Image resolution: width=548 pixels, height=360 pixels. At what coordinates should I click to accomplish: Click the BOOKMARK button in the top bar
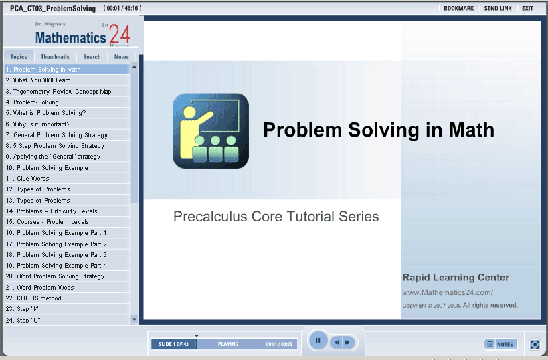(x=458, y=9)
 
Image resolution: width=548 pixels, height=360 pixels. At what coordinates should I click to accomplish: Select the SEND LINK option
(x=498, y=9)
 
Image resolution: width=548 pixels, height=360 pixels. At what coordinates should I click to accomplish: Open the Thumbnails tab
(x=55, y=57)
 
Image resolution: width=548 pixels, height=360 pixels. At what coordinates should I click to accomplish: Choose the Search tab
(x=92, y=57)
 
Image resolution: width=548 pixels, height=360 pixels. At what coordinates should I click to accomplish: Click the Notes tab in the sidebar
(x=122, y=57)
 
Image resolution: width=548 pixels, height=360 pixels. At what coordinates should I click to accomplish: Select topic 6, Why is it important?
(x=38, y=124)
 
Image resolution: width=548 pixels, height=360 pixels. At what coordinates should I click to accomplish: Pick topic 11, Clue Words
(x=27, y=178)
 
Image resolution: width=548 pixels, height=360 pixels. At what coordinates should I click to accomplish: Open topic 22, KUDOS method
(x=33, y=298)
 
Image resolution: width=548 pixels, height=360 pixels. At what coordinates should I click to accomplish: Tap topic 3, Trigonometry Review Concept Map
(x=58, y=91)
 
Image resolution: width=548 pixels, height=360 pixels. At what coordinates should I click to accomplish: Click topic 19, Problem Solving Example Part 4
(x=57, y=265)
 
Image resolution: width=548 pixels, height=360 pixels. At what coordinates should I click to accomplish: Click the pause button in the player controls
(x=318, y=340)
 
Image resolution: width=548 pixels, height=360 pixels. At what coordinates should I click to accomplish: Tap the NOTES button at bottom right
(x=500, y=344)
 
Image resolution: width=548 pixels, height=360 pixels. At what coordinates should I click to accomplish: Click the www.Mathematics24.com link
(x=448, y=292)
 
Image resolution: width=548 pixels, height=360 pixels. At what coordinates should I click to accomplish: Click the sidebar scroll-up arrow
(x=134, y=66)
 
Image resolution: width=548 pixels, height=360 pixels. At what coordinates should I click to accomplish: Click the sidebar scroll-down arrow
(x=134, y=319)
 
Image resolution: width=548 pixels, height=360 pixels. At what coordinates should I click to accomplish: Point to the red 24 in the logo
(x=120, y=34)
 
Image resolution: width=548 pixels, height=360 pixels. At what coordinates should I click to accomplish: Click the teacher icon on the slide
(x=211, y=131)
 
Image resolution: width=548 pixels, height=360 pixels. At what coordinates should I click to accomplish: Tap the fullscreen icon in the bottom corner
(x=535, y=344)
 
